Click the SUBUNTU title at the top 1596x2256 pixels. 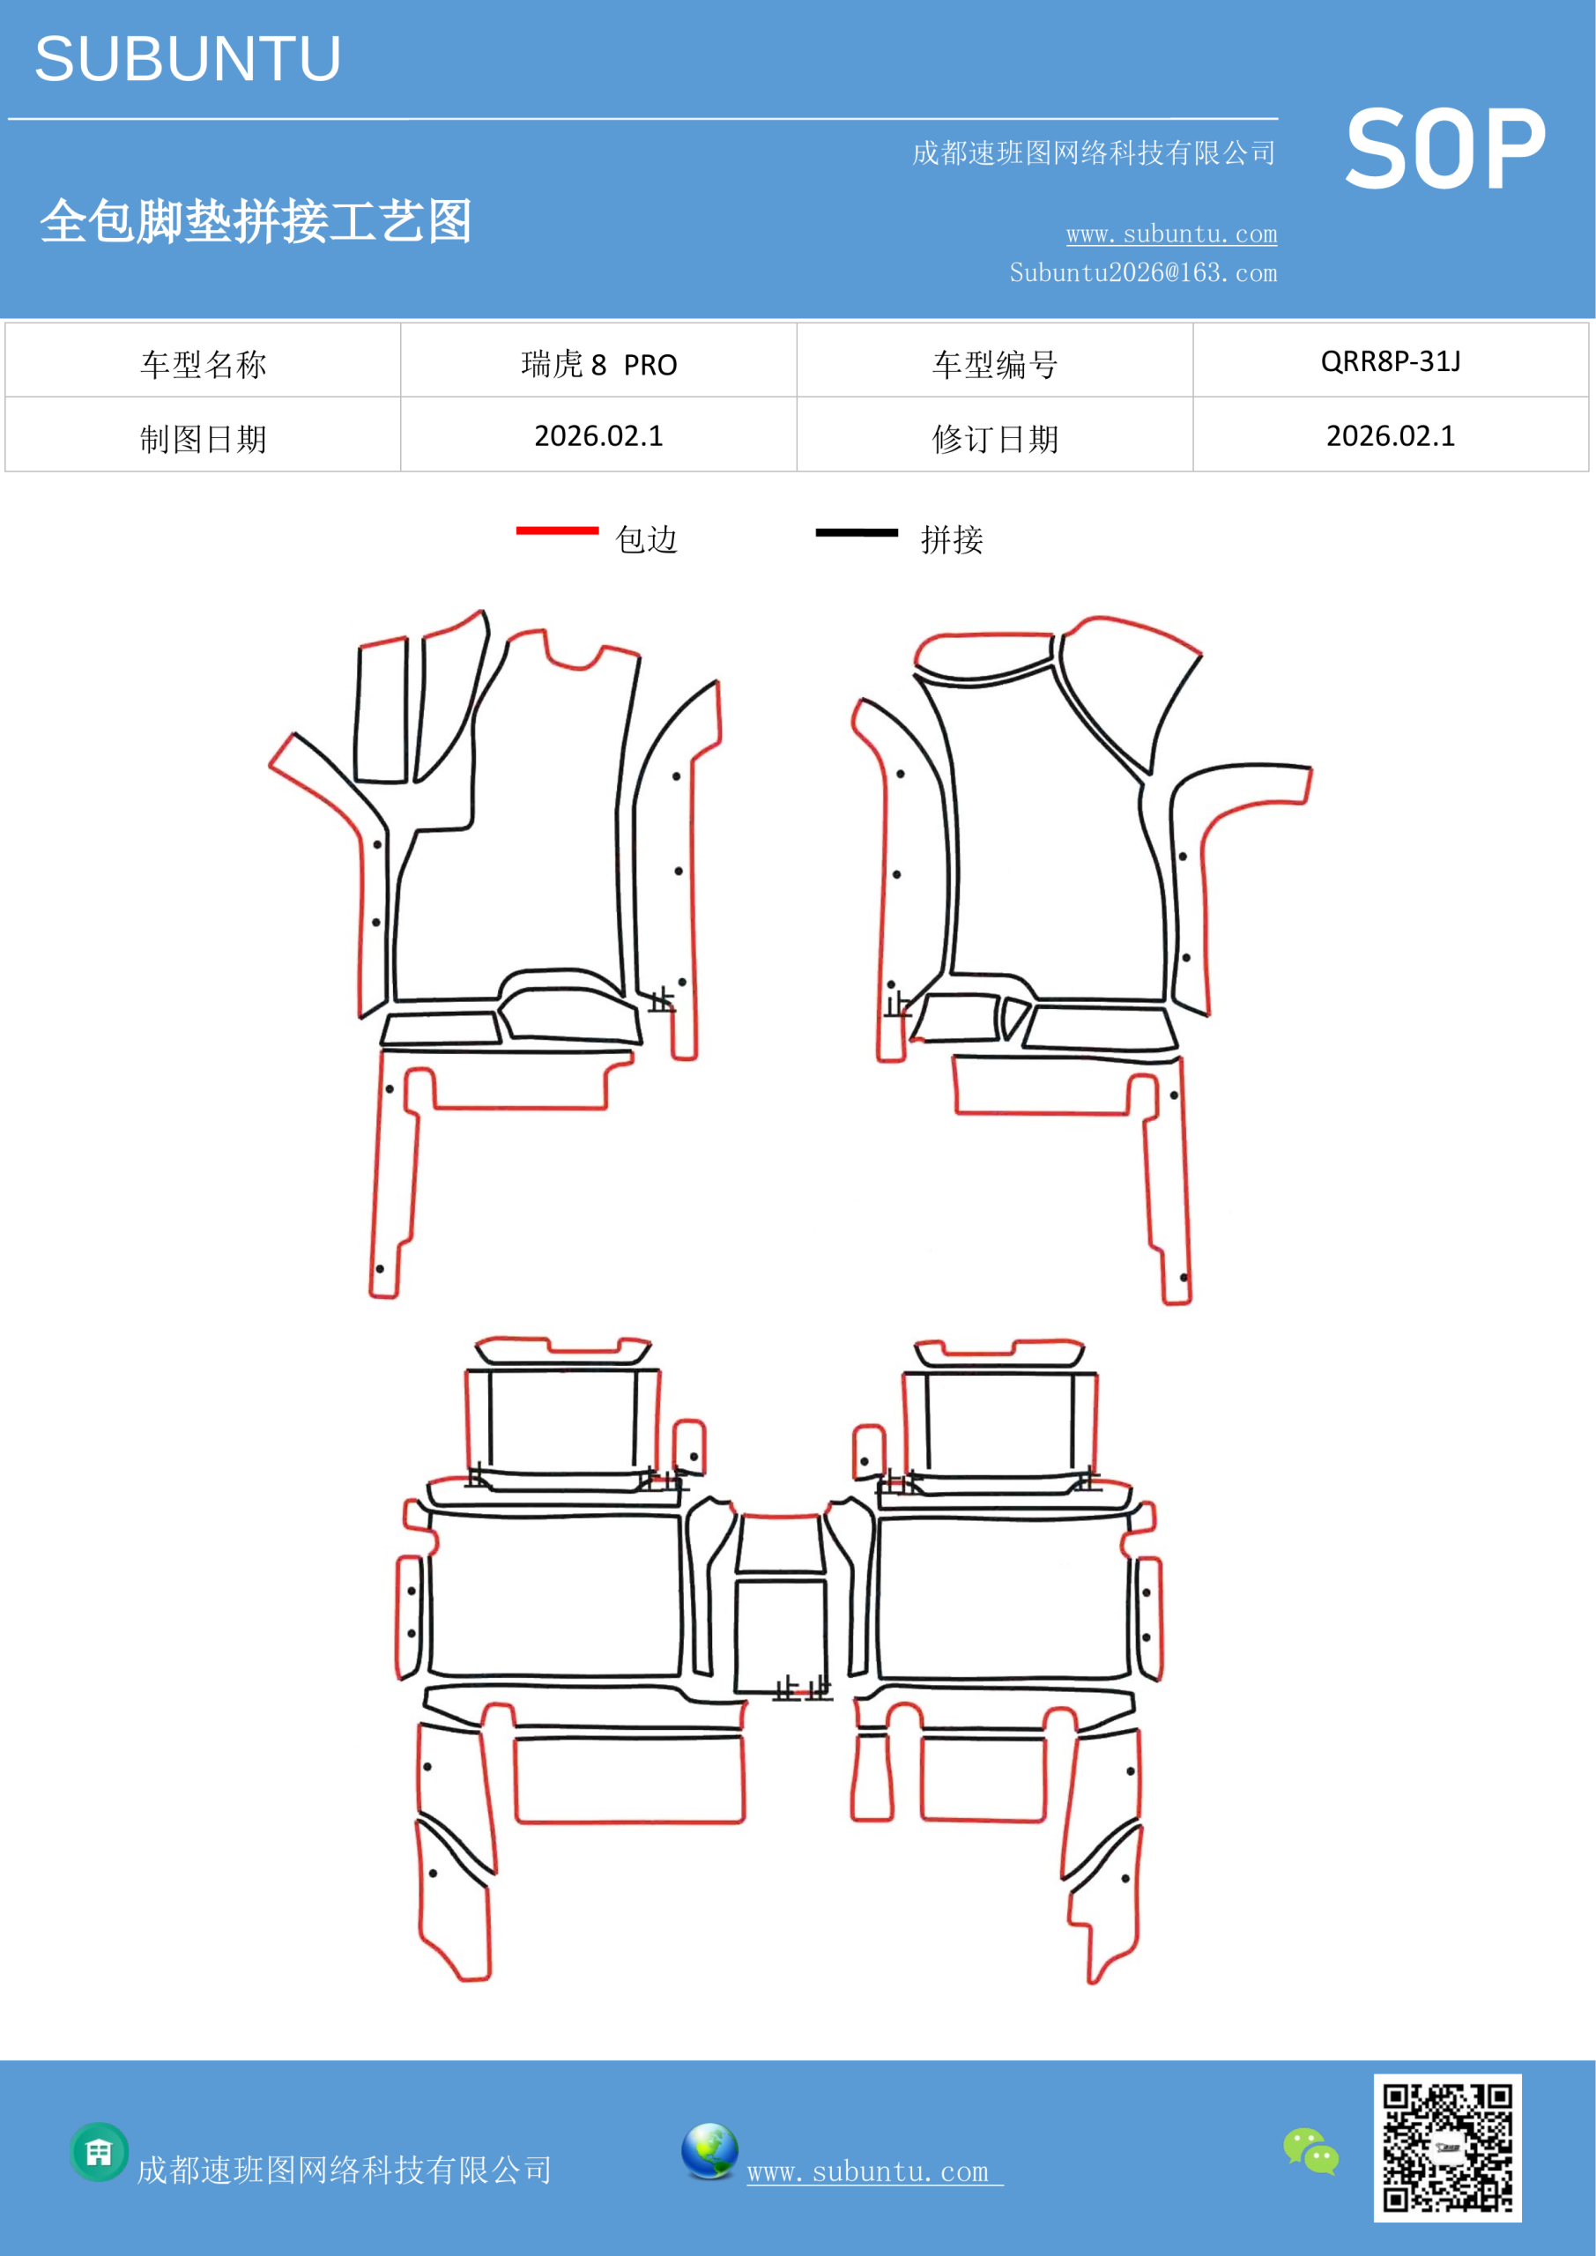188,59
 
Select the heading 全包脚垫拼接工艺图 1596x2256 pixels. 256,221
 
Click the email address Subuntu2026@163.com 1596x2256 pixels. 1143,272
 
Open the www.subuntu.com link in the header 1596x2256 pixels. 1171,234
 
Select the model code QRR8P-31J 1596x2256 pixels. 1391,361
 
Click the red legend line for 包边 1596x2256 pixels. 557,531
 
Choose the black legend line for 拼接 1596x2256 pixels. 856,532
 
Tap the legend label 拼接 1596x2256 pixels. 951,539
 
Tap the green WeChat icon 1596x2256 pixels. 1311,2151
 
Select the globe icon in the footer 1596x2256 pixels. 709,2151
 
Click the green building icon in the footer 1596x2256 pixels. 100,2152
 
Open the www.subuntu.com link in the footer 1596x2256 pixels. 874,2171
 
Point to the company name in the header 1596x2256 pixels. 1094,153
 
